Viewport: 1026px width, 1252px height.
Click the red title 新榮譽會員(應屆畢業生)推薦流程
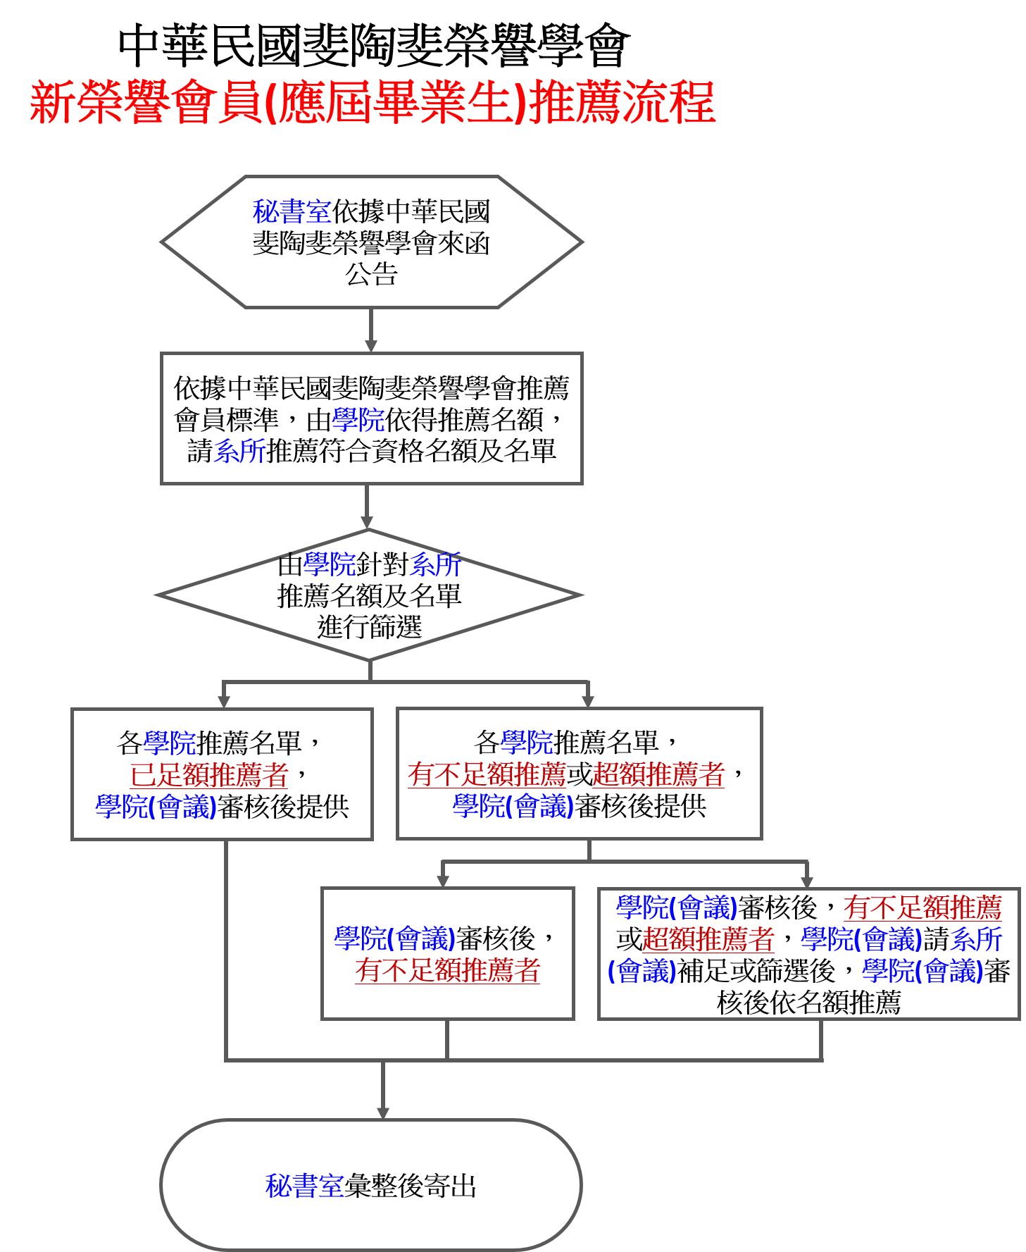click(373, 103)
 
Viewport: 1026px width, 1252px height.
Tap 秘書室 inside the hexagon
click(292, 211)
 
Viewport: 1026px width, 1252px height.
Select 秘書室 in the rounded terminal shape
click(305, 1186)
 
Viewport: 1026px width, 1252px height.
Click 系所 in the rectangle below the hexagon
click(240, 452)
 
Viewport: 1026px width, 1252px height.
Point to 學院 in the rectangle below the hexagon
click(358, 420)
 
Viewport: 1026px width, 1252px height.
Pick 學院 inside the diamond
click(330, 564)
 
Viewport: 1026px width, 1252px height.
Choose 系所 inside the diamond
click(434, 564)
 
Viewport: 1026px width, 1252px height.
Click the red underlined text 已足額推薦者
click(209, 775)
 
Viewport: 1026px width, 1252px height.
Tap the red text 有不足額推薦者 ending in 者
click(447, 970)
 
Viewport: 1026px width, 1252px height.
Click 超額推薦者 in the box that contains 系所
click(708, 939)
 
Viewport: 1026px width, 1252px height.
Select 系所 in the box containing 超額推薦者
click(976, 939)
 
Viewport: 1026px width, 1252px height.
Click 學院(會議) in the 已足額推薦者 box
click(156, 807)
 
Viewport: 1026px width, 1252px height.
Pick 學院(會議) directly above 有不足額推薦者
click(394, 938)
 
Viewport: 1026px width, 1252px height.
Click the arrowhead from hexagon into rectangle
click(371, 346)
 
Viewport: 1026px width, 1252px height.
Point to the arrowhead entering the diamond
click(367, 522)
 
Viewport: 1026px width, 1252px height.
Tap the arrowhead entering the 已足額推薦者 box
click(224, 702)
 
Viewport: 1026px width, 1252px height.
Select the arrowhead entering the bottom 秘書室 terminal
click(383, 1112)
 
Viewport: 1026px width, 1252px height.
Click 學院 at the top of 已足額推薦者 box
click(170, 743)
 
